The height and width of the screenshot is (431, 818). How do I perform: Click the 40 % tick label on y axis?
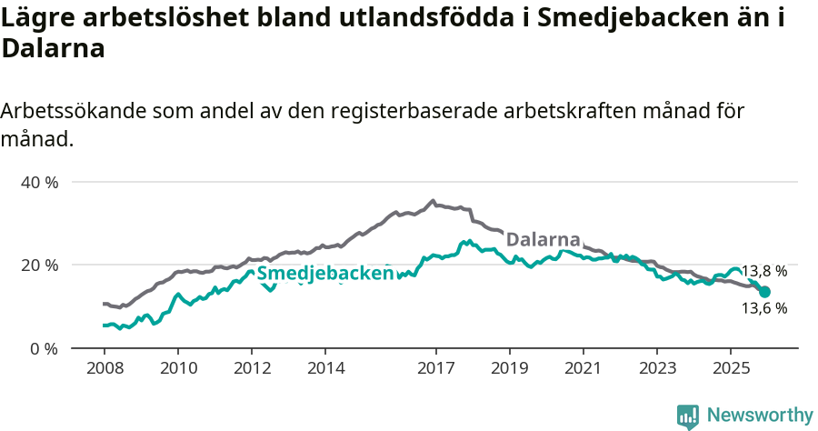tap(39, 182)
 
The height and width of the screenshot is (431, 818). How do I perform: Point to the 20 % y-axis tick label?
tap(39, 265)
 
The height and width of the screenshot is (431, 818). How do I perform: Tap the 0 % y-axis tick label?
tap(43, 348)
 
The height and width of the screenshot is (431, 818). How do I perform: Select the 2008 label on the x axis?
tap(105, 368)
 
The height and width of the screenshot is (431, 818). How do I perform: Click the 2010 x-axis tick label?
tap(178, 368)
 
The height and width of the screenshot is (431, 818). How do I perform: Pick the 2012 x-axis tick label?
tap(252, 368)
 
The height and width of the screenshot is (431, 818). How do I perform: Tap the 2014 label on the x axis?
tap(325, 368)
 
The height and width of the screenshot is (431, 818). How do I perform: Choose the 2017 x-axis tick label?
tap(435, 368)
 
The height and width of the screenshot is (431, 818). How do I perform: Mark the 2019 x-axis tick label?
tap(509, 368)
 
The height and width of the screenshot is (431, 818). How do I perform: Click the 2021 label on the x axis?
tap(583, 368)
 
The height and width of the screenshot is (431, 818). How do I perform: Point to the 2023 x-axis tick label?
tap(657, 368)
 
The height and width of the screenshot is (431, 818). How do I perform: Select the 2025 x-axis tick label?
tap(731, 368)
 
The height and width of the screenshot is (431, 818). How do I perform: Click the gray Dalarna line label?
tap(543, 240)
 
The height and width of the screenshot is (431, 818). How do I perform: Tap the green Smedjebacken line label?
tap(324, 274)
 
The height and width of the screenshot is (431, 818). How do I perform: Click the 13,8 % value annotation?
tap(764, 271)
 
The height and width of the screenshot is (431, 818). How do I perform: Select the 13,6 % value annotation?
tap(764, 308)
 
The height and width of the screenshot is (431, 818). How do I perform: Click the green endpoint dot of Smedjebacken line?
tap(764, 292)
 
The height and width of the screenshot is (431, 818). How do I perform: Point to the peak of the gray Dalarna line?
tap(433, 201)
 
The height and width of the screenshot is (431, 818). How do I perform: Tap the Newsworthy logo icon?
tap(688, 416)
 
